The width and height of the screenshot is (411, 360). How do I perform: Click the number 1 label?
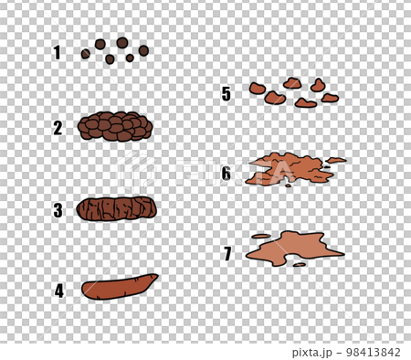[57, 53]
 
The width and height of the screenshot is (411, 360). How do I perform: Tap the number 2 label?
[58, 128]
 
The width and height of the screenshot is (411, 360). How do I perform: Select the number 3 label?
[58, 210]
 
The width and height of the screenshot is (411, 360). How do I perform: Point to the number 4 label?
[58, 291]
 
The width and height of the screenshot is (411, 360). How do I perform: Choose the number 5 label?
[226, 93]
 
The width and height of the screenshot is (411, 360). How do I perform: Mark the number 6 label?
[226, 173]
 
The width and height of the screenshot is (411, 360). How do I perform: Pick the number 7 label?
[227, 253]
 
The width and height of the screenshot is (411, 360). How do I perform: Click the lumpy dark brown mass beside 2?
[115, 127]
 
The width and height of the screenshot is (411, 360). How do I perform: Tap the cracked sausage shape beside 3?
[116, 209]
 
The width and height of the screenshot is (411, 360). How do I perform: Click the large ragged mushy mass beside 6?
[286, 168]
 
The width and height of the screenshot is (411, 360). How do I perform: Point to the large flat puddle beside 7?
[294, 247]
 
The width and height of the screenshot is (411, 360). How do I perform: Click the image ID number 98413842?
[370, 352]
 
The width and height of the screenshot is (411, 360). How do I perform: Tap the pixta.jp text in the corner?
[313, 352]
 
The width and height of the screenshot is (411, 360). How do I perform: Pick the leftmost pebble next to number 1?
[85, 54]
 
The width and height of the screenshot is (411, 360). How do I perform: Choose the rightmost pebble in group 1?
[143, 50]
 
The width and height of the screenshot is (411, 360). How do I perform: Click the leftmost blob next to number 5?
[257, 89]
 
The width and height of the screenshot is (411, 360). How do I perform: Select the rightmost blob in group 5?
[330, 98]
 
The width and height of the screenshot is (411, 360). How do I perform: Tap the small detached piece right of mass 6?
[336, 160]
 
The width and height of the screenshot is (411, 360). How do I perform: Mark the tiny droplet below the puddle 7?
[300, 265]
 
